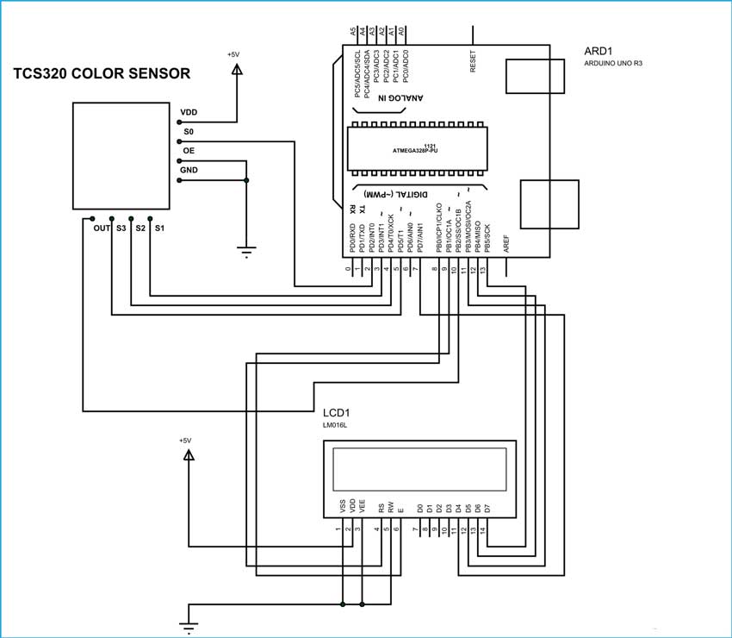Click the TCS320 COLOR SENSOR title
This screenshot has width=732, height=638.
[102, 75]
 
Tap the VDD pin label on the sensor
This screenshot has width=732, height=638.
[189, 113]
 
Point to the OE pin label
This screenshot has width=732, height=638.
[187, 151]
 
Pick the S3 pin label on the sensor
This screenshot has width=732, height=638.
[121, 228]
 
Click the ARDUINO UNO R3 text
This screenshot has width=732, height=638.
[612, 65]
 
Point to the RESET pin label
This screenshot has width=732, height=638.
[473, 59]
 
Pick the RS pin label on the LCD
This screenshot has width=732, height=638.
[381, 508]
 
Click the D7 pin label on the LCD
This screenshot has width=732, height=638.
[488, 508]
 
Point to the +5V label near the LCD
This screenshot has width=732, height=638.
[185, 440]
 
